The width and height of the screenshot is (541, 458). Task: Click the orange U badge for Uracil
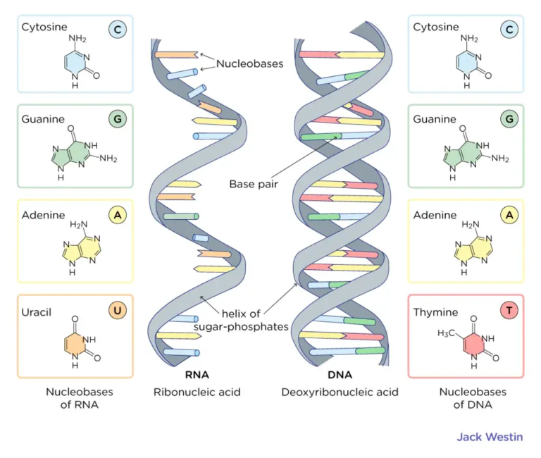point(117,310)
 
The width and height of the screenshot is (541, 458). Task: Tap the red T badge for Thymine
point(507,310)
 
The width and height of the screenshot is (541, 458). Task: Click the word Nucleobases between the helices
point(249,63)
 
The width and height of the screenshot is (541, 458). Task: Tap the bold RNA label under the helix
point(197,375)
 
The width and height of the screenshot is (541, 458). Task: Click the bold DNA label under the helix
point(340,375)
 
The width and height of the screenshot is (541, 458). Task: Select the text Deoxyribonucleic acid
point(340,392)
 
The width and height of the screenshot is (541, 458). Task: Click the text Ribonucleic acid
point(197,392)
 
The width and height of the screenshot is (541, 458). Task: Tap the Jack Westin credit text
point(490,437)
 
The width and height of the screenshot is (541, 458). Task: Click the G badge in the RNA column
point(117,119)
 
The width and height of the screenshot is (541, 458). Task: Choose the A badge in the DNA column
point(507,215)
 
